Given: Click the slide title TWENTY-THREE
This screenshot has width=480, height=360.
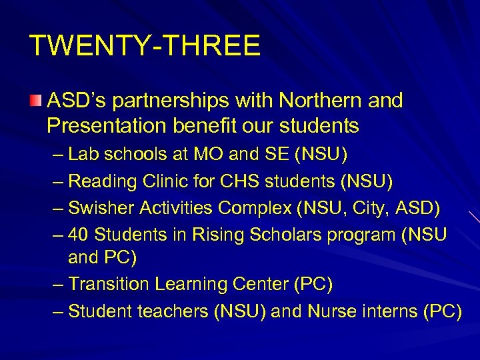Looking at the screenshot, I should click(x=145, y=46).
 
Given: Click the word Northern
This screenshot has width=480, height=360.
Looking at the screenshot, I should click(x=321, y=101).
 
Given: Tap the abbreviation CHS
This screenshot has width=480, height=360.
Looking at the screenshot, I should click(x=232, y=181).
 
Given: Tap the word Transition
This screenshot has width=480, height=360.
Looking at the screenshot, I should click(x=109, y=284).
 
